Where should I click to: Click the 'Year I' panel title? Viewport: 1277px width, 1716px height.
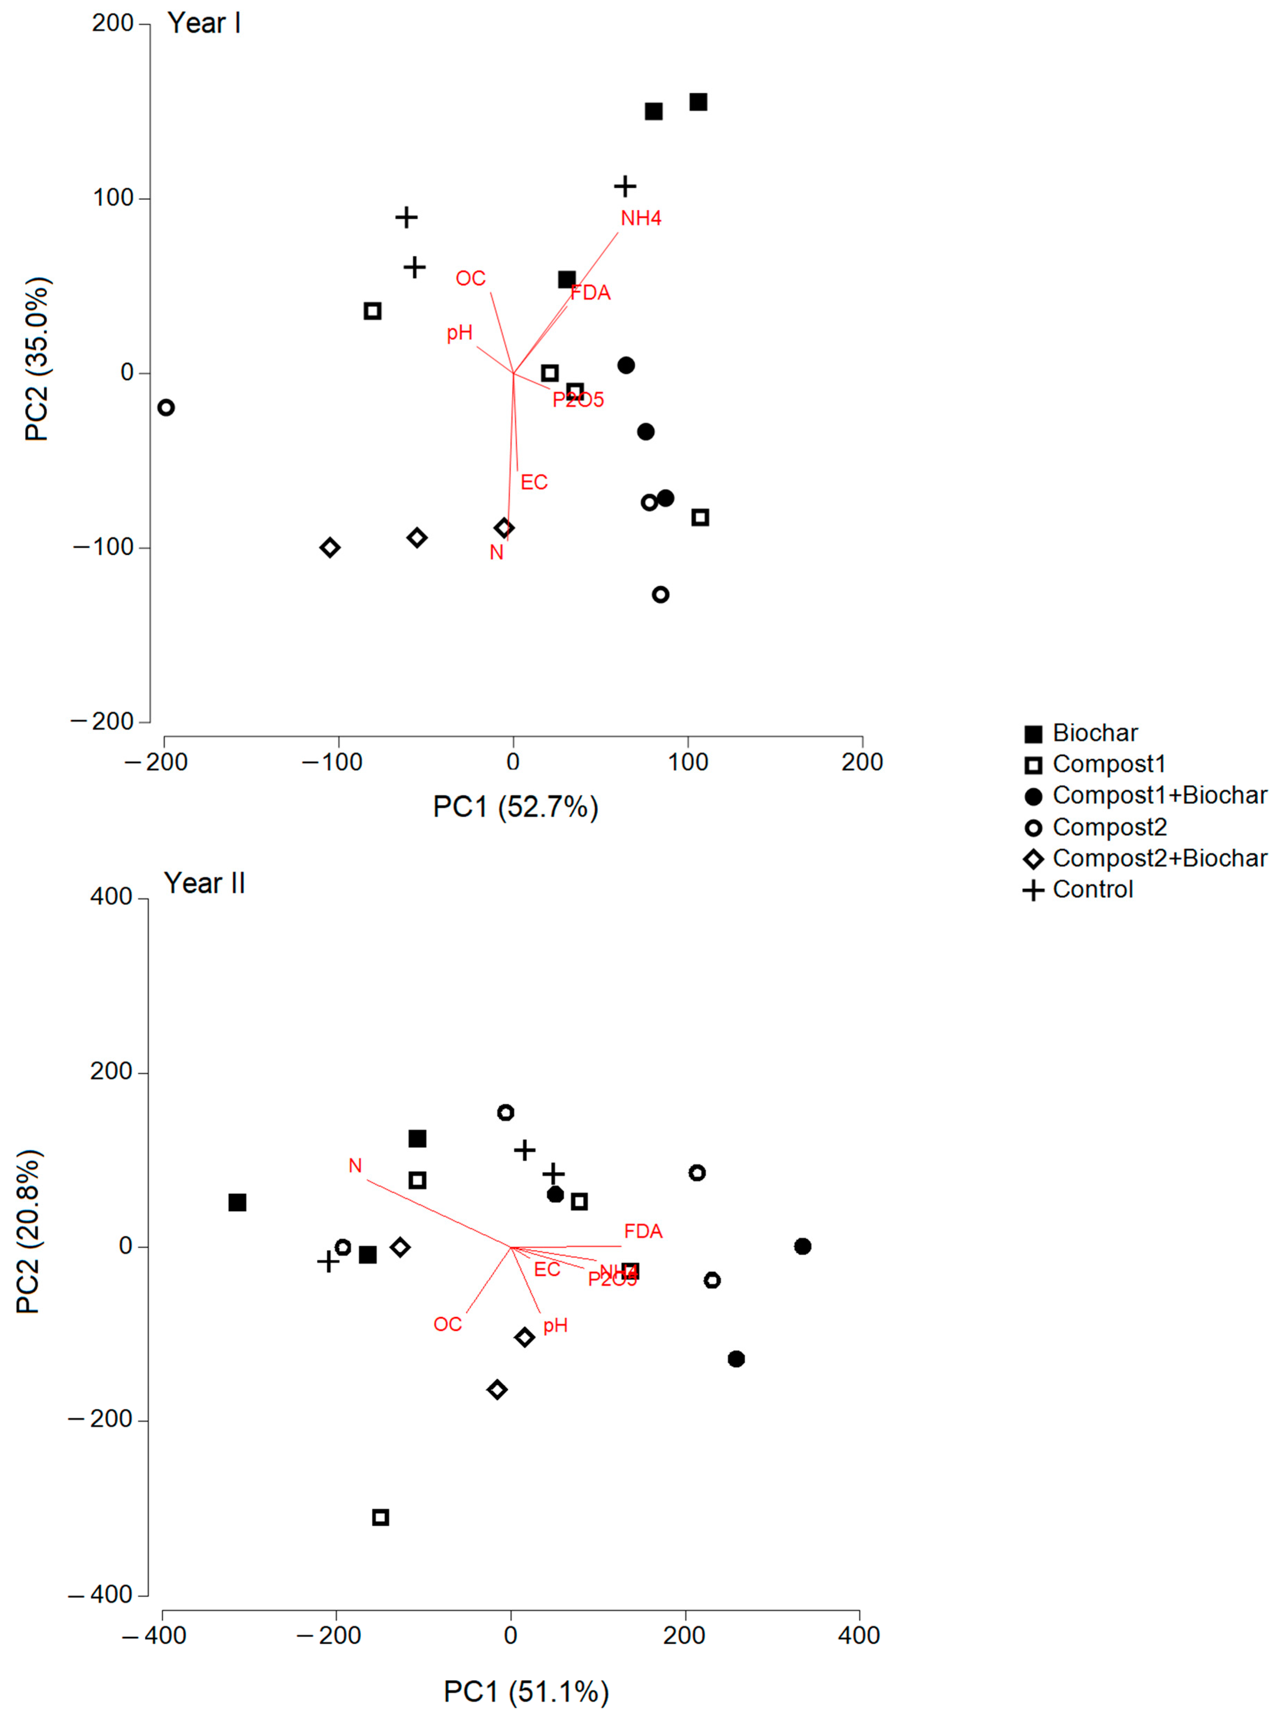[204, 23]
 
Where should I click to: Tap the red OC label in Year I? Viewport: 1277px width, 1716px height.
[470, 278]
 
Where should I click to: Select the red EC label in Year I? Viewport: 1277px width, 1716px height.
[533, 483]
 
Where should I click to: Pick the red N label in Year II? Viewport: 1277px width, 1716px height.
[355, 1165]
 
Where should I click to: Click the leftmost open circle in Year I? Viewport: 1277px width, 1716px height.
[166, 407]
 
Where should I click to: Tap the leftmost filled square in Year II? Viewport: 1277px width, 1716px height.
[237, 1203]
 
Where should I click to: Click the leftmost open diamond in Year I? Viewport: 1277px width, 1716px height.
[330, 547]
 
